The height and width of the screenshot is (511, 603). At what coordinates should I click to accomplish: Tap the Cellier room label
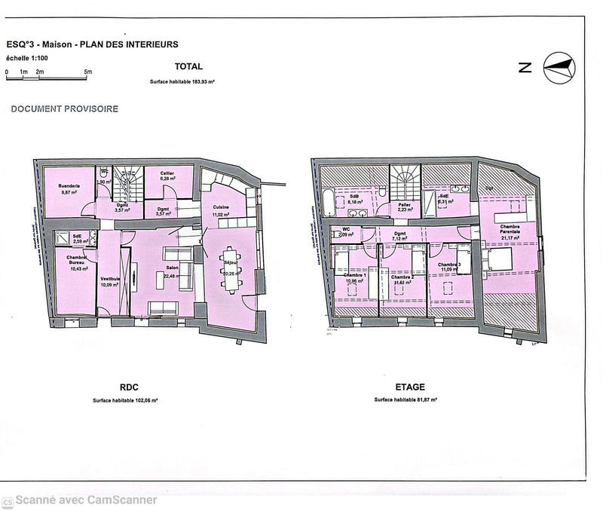tap(167, 173)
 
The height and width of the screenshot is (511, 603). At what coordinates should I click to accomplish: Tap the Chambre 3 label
tap(449, 265)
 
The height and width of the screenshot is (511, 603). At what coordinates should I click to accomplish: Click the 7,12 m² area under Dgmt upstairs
tap(400, 240)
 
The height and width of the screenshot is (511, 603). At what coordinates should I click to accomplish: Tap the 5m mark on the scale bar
tap(88, 72)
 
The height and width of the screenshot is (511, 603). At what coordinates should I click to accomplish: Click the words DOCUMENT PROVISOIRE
tap(64, 109)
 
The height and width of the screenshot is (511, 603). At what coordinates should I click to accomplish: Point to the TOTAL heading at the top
tap(188, 66)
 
